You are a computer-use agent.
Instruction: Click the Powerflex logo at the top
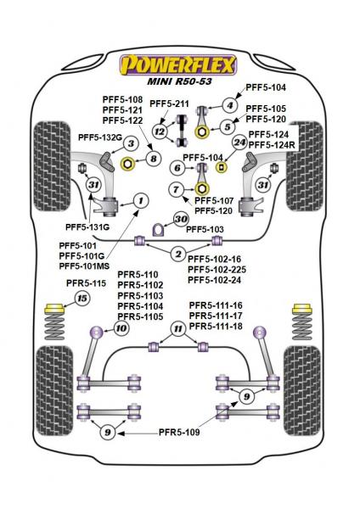click(178, 65)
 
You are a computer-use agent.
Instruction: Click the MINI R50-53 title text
click(179, 81)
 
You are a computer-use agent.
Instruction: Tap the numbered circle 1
click(141, 200)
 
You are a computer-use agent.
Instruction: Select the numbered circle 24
click(240, 143)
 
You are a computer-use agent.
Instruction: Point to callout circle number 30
click(181, 219)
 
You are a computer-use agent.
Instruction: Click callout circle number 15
click(82, 298)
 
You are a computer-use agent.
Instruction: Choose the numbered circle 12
click(160, 131)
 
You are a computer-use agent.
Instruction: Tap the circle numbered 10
click(121, 328)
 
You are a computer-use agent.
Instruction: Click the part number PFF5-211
click(169, 103)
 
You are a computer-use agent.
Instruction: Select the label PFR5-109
click(179, 433)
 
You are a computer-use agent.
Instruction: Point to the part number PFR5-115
click(86, 283)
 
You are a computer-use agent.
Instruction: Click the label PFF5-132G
click(100, 137)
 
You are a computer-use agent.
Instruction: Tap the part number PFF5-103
click(205, 230)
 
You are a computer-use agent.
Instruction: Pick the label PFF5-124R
click(272, 145)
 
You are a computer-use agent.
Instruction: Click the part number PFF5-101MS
click(84, 266)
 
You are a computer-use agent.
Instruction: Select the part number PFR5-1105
click(140, 316)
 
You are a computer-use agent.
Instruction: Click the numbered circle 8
click(154, 159)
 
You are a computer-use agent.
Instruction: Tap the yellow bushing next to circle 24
click(222, 167)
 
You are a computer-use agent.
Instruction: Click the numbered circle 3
click(131, 143)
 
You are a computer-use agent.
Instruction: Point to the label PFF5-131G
click(87, 227)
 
